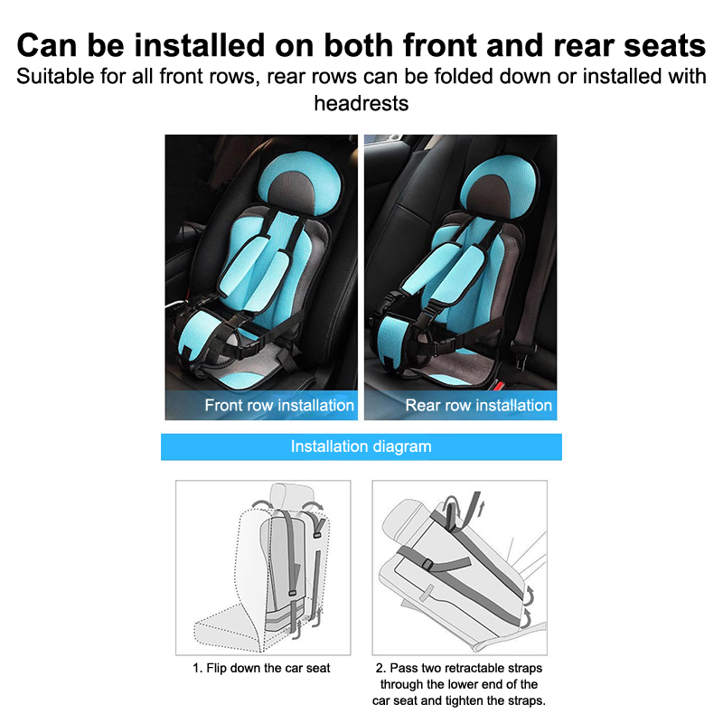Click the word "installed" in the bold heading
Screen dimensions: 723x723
coord(200,46)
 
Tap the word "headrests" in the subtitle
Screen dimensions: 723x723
coord(361,103)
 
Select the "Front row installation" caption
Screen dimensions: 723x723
coord(279,405)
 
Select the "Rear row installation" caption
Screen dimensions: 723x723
coord(479,405)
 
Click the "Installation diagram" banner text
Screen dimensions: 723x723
coord(361,446)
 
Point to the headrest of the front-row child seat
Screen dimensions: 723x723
coord(300,183)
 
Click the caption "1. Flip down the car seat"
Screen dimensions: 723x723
coord(261,668)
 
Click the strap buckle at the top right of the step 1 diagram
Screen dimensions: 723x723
coord(317,535)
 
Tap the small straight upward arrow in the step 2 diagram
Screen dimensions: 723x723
coord(483,510)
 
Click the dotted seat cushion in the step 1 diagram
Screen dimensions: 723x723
coord(226,632)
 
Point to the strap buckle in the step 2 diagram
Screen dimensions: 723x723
coord(427,563)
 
